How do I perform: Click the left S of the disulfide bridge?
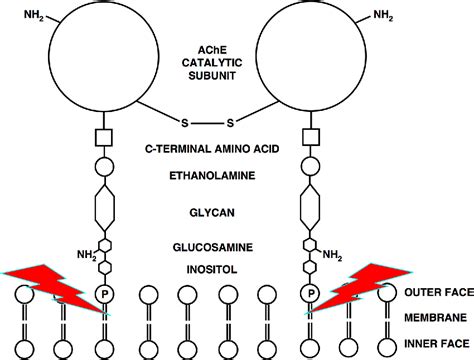pyautogui.click(x=183, y=123)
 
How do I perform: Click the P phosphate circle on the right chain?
pyautogui.click(x=311, y=293)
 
